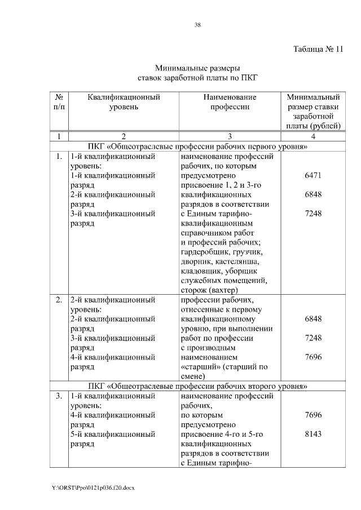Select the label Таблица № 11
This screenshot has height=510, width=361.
318,48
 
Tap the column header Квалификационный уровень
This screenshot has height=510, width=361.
124,102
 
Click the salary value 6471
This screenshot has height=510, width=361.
313,176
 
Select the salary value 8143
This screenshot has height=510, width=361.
313,434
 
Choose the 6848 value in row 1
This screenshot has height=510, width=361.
313,194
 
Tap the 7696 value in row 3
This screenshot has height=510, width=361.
313,415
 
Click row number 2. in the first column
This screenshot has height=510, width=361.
59,300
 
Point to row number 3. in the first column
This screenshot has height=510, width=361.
59,397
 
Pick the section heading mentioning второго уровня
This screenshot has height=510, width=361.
197,387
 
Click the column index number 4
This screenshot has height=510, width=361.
313,136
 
